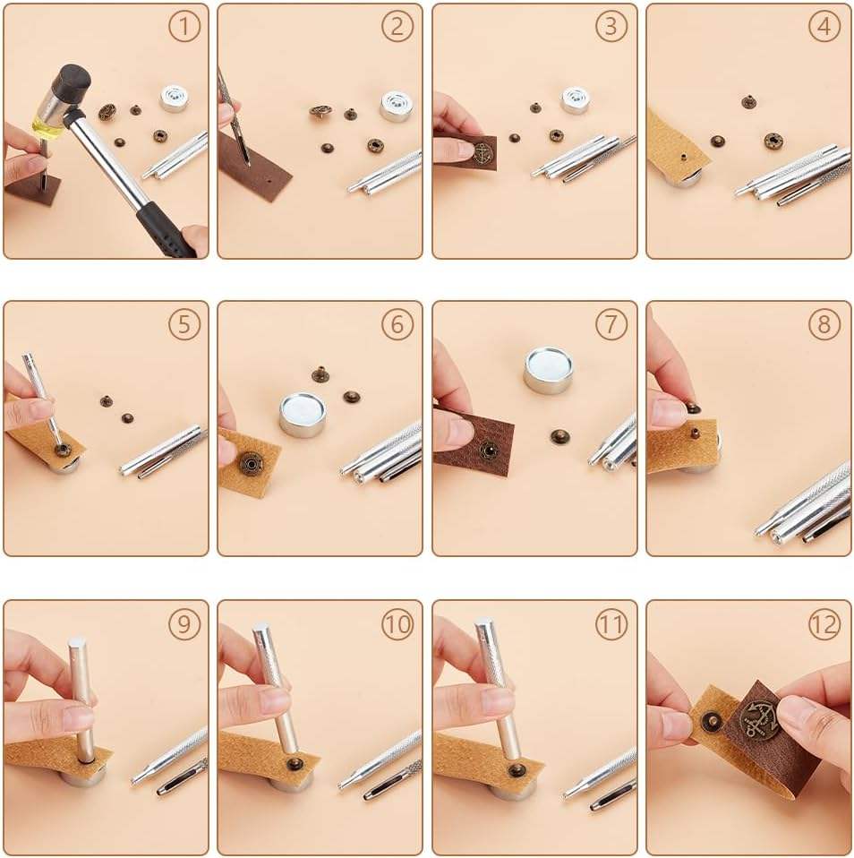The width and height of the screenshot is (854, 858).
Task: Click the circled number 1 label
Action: point(184,26)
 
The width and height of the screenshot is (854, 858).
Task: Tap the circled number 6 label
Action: point(397,324)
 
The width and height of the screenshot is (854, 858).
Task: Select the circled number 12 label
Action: point(824,624)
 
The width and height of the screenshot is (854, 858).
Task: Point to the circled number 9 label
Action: point(184,624)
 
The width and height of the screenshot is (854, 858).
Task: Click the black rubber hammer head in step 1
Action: point(75,80)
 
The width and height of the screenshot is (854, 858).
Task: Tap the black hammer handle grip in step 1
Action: point(164,231)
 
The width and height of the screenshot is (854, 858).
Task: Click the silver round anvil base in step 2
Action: point(396,107)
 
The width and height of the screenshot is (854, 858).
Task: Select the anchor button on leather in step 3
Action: point(483,150)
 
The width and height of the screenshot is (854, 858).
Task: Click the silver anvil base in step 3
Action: point(575,99)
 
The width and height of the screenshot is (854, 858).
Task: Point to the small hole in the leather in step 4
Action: point(682,158)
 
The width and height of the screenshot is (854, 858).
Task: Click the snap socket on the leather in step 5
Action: point(63,450)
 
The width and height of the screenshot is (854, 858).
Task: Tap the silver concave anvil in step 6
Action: point(303,415)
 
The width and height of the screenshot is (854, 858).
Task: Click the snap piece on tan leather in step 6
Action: point(251,463)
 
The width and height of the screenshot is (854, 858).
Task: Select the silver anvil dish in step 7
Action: point(548,369)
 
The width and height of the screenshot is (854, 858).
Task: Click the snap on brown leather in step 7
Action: point(488,450)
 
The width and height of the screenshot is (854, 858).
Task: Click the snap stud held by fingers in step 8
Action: point(693,408)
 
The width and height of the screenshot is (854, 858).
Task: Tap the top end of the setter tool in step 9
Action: point(77,642)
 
